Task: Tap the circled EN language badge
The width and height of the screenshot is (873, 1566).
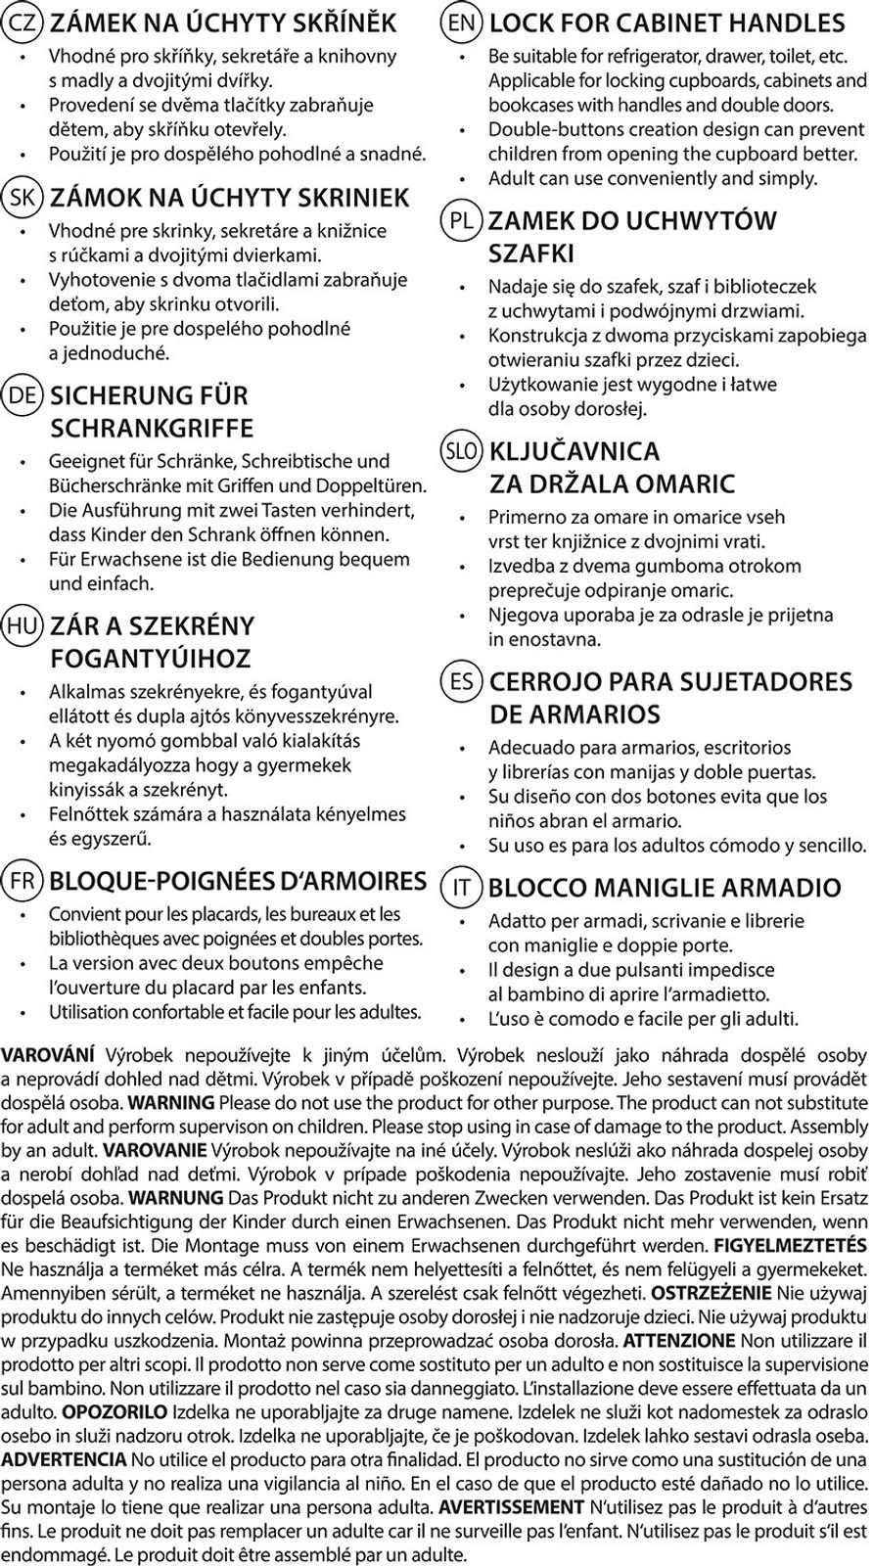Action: pyautogui.click(x=462, y=22)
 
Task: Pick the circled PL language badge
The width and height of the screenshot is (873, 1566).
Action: pyautogui.click(x=462, y=220)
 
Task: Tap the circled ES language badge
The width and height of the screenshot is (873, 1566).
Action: pyautogui.click(x=462, y=681)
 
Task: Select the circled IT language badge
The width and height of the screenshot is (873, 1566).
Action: pyautogui.click(x=462, y=888)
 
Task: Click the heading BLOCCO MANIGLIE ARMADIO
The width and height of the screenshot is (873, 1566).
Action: pyautogui.click(x=665, y=888)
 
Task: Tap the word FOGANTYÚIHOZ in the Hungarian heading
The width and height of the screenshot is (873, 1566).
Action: pyautogui.click(x=151, y=658)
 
